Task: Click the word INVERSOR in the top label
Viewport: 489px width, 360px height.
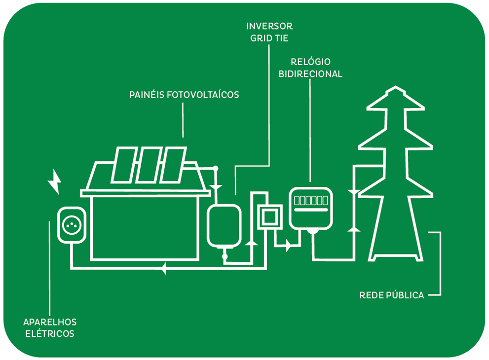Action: tap(269, 26)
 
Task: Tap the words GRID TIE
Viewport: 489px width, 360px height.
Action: tap(269, 37)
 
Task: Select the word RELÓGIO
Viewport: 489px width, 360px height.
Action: tap(311, 62)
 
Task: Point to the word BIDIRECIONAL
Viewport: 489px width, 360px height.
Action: tap(311, 74)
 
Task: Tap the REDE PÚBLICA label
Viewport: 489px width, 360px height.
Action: tap(391, 295)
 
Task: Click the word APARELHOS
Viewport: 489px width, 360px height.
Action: tap(50, 322)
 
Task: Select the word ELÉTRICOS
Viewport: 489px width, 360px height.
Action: tap(50, 334)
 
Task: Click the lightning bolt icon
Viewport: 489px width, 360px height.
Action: tap(54, 182)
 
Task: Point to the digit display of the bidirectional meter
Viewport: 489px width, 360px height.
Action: tap(311, 200)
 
